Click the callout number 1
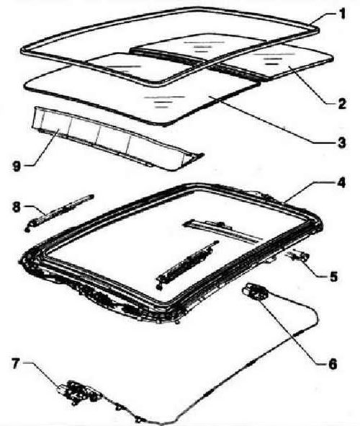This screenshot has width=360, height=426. pos(343,13)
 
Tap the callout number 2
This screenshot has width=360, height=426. pos(341,104)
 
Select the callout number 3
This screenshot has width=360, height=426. pos(342,143)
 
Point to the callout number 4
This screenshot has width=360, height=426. pos(341,183)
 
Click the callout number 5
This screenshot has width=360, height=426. pos(333,276)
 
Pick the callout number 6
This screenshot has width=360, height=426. pos(333,364)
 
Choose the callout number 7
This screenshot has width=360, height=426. pos(15,363)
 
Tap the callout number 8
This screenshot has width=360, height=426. pos(16,208)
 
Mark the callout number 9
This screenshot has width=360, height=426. pos(17,166)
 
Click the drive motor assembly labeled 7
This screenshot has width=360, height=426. pos(78,393)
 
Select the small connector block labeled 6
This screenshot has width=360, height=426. pos(255,291)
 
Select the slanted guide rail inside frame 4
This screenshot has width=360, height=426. pos(186,265)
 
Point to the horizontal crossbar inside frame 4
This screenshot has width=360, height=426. pos(223,230)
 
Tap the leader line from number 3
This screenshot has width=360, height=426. pos(272,119)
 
